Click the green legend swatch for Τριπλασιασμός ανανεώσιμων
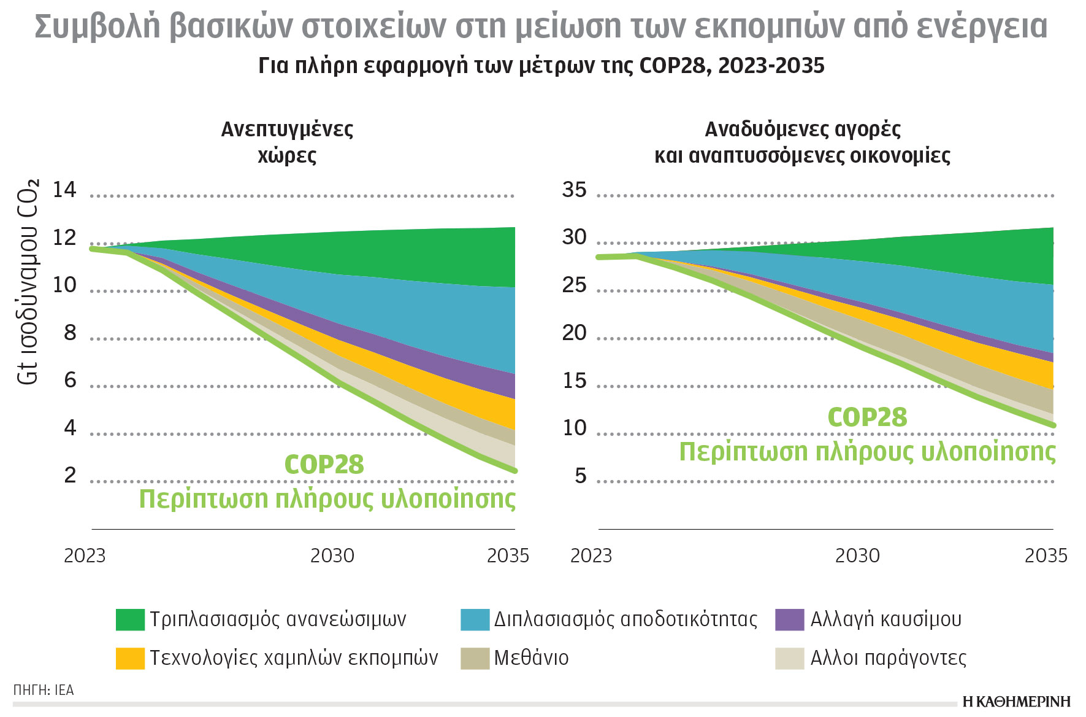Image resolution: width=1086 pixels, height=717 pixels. point(130,619)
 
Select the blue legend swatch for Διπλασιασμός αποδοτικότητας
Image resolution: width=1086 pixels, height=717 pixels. point(475,619)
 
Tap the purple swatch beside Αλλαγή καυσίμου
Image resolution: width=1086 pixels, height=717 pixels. point(789,619)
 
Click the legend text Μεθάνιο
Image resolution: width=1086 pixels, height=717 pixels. point(531,658)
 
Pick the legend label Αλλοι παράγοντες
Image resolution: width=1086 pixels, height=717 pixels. point(888,658)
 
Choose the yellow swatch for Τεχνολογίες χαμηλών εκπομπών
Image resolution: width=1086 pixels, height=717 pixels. point(130,658)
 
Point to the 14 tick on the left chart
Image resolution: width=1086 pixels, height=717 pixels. point(64,190)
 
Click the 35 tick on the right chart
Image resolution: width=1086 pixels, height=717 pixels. point(574,190)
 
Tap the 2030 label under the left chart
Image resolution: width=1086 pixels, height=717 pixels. point(332,556)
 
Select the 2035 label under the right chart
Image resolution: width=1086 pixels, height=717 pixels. point(1046,556)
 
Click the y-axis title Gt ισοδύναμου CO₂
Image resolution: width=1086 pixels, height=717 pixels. point(28,282)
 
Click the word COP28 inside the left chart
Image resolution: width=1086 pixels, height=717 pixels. point(324,465)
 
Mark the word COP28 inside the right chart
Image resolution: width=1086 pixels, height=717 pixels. point(867,417)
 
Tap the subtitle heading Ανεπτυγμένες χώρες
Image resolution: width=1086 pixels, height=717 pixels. point(287,142)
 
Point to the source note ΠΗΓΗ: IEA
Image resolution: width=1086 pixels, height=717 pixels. point(44,690)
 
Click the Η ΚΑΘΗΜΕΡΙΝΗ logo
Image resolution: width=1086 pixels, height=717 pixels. point(1016,702)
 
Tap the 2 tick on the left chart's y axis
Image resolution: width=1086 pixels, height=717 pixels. point(70,475)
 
